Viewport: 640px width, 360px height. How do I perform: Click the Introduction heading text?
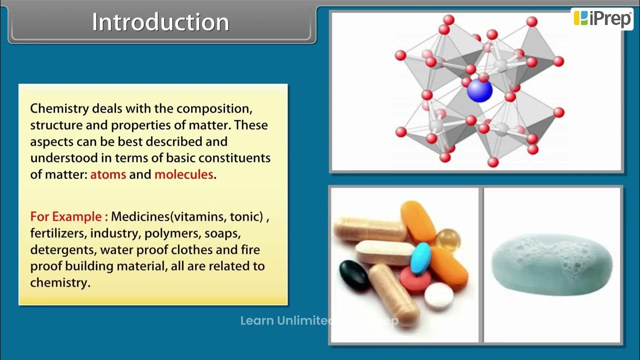[x=160, y=22]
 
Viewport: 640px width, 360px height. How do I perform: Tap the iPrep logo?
[x=602, y=18]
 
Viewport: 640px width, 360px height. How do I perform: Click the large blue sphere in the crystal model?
[x=479, y=91]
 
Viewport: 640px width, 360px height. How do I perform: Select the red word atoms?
[x=108, y=175]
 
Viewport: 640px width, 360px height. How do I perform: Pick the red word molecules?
[x=183, y=175]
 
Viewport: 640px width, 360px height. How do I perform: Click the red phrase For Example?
[x=69, y=217]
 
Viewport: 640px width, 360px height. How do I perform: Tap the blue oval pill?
[x=420, y=257]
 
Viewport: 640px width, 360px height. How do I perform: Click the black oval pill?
[x=354, y=275]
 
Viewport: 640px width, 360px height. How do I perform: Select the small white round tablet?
[x=438, y=296]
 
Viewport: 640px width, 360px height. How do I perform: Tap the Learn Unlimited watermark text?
[x=285, y=321]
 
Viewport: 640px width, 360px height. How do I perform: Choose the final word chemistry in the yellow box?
[x=59, y=282]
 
